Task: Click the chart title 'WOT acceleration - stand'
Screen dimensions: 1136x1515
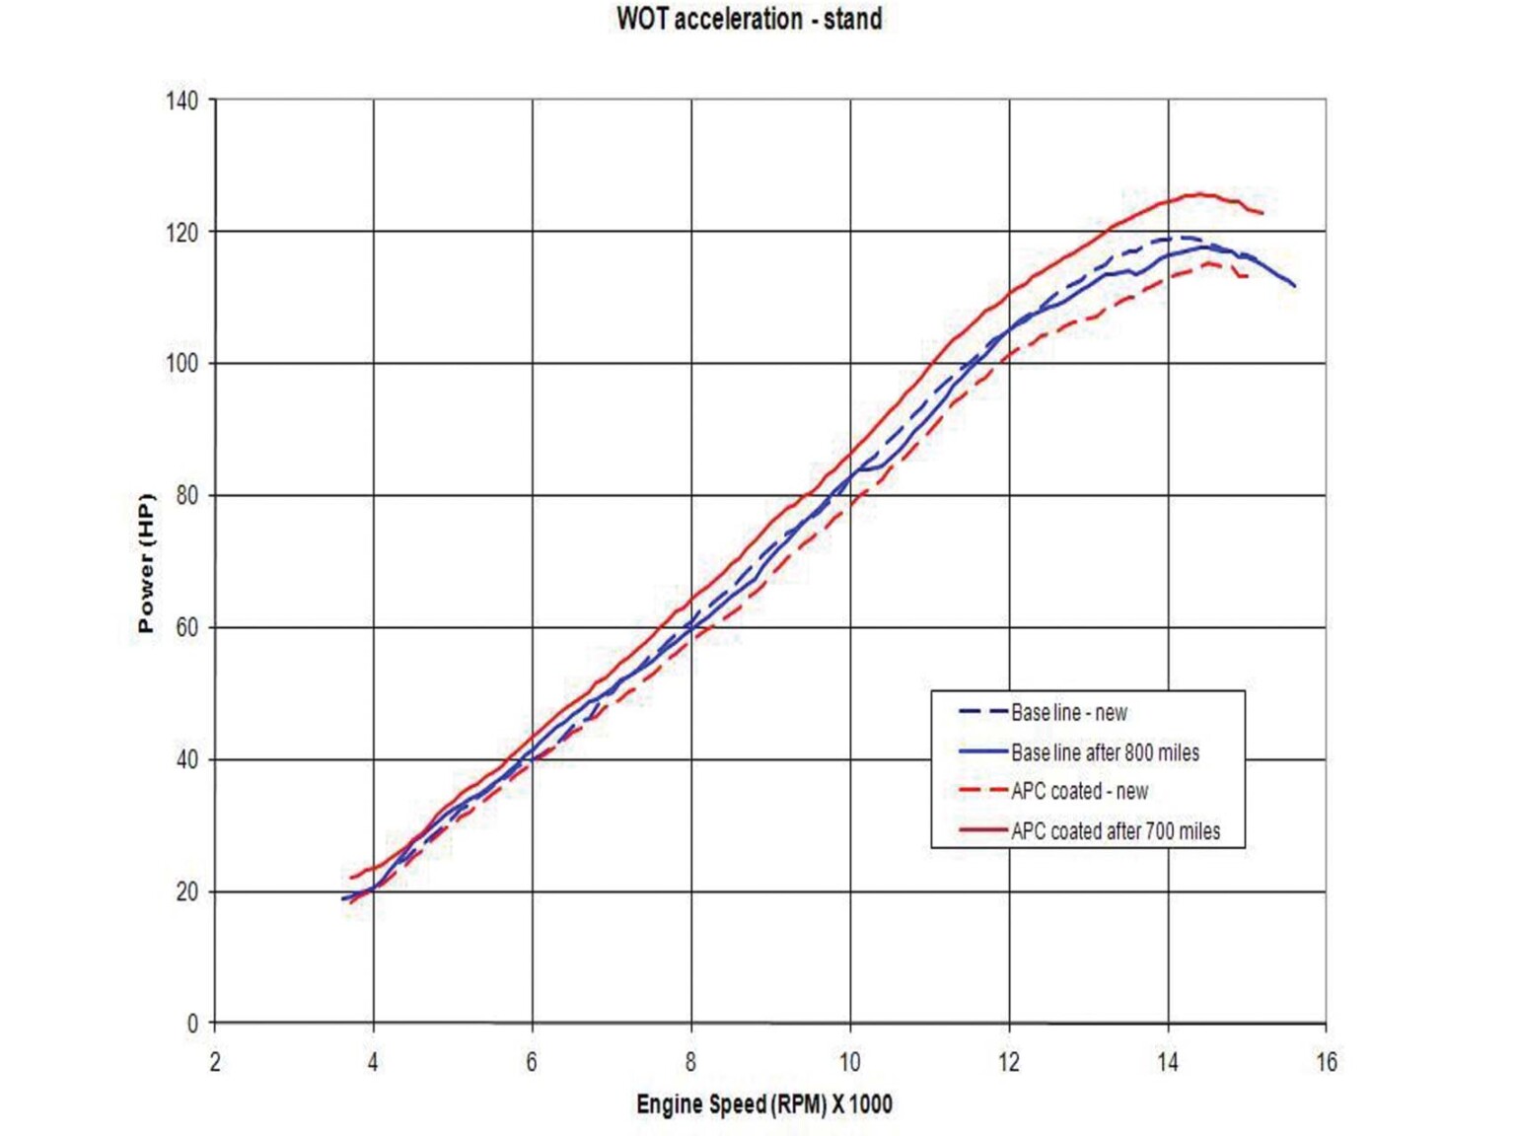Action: [749, 19]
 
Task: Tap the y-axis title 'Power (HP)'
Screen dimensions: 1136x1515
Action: [146, 563]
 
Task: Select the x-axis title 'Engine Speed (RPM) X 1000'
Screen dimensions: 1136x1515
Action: [763, 1103]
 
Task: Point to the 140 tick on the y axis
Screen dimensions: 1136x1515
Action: [181, 101]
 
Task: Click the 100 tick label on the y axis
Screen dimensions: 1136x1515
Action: [181, 363]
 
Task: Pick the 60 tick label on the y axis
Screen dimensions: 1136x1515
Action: [185, 627]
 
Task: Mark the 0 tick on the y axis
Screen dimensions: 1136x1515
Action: [192, 1024]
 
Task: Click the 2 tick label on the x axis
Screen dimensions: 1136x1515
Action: [215, 1062]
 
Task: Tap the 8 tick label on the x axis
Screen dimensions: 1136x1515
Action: [690, 1062]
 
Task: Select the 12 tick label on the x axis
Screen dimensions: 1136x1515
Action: [1008, 1062]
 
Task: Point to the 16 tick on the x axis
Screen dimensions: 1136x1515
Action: [1327, 1062]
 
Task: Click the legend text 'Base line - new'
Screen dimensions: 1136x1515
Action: [1068, 712]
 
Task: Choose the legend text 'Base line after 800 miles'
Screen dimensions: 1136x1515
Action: [1105, 752]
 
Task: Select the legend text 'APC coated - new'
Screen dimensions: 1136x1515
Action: [1079, 791]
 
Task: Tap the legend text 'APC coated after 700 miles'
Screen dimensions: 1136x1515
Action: [1116, 831]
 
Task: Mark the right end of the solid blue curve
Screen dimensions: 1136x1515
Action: [1295, 286]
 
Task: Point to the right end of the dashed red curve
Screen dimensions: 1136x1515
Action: [1249, 276]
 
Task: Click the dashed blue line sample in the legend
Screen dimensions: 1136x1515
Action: [982, 712]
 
